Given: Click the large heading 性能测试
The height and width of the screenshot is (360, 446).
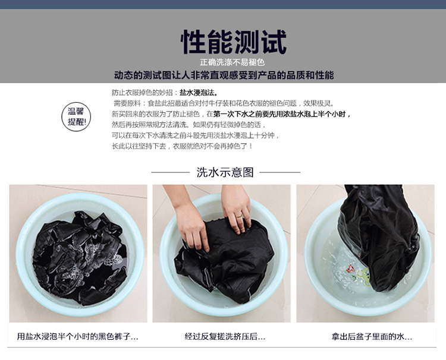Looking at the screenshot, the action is pos(234,42).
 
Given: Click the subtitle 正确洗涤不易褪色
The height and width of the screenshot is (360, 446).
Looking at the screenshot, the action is pos(232,62).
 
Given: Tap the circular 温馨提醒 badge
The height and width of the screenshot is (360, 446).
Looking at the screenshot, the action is pos(76,117).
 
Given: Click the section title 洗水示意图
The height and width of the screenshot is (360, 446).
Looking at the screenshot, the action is pos(225,172).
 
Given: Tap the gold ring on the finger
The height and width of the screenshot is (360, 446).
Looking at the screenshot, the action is pos(239,216).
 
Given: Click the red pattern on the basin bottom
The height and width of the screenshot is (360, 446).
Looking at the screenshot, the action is pos(350,269).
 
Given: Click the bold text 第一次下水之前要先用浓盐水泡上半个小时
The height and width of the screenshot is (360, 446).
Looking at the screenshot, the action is pos(282,114).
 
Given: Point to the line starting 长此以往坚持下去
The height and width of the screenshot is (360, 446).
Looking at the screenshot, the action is pos(182,146).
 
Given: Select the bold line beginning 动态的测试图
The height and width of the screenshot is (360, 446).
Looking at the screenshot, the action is pos(224,75).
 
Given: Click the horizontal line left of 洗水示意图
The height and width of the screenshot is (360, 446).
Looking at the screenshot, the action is pos(170,172).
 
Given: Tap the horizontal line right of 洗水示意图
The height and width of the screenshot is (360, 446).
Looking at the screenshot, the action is pos(280,172).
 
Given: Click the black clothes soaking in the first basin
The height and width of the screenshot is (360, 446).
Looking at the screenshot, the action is pos(80,258).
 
